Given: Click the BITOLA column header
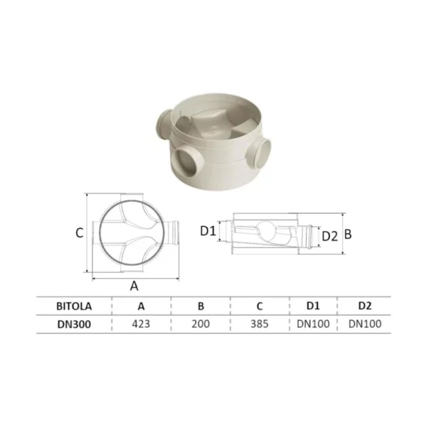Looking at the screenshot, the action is tap(74, 306).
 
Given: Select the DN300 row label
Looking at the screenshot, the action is tap(74, 324).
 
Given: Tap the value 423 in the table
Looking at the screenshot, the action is tap(141, 324).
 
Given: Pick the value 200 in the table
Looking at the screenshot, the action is tap(201, 324).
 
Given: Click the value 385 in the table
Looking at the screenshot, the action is tap(260, 324).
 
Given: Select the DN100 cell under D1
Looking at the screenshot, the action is tap(313, 324).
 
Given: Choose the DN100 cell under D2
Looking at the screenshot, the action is tap(365, 324).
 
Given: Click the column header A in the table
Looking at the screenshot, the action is tap(141, 306).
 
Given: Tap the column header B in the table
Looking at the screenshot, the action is tap(201, 306).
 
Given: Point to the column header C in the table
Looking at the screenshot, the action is tap(260, 306).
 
